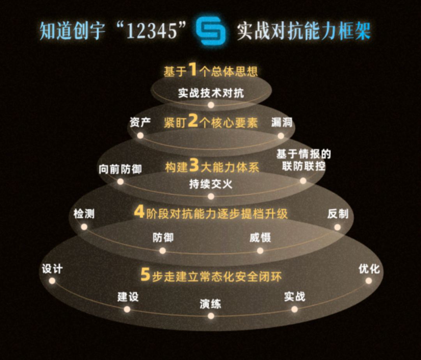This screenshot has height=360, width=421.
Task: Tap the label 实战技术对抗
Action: pos(210,93)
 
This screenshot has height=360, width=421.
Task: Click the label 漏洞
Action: pos(281,122)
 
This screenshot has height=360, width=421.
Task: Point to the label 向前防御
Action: pos(120,169)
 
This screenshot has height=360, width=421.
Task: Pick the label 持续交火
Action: pos(210,184)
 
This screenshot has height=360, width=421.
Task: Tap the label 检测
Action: pos(84,214)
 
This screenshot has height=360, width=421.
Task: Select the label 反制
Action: pos(338,214)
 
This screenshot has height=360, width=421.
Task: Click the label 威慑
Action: pos(260,237)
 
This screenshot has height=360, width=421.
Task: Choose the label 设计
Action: pos(52,269)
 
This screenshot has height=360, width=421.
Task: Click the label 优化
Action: pos(369,269)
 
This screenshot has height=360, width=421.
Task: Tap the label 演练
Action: pos(210,303)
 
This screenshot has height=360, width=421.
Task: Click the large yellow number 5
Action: pos(145,275)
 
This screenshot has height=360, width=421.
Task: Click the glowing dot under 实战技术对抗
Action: pos(211,105)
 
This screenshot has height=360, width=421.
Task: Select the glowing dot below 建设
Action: pos(127,309)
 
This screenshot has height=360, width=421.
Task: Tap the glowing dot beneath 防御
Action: pos(163,250)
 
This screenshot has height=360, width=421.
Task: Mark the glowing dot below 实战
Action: pos(294,309)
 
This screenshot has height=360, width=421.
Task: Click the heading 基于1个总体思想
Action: pos(210,71)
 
